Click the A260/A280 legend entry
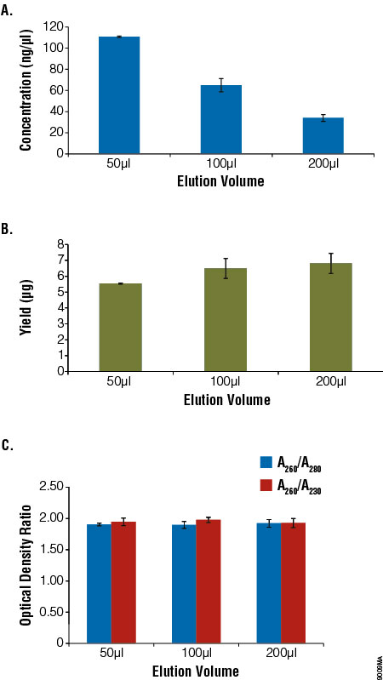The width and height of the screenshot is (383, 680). pos(289,464)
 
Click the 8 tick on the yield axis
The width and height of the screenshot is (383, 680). pos(61,244)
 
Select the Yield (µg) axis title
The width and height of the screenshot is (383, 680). pos(26,307)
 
